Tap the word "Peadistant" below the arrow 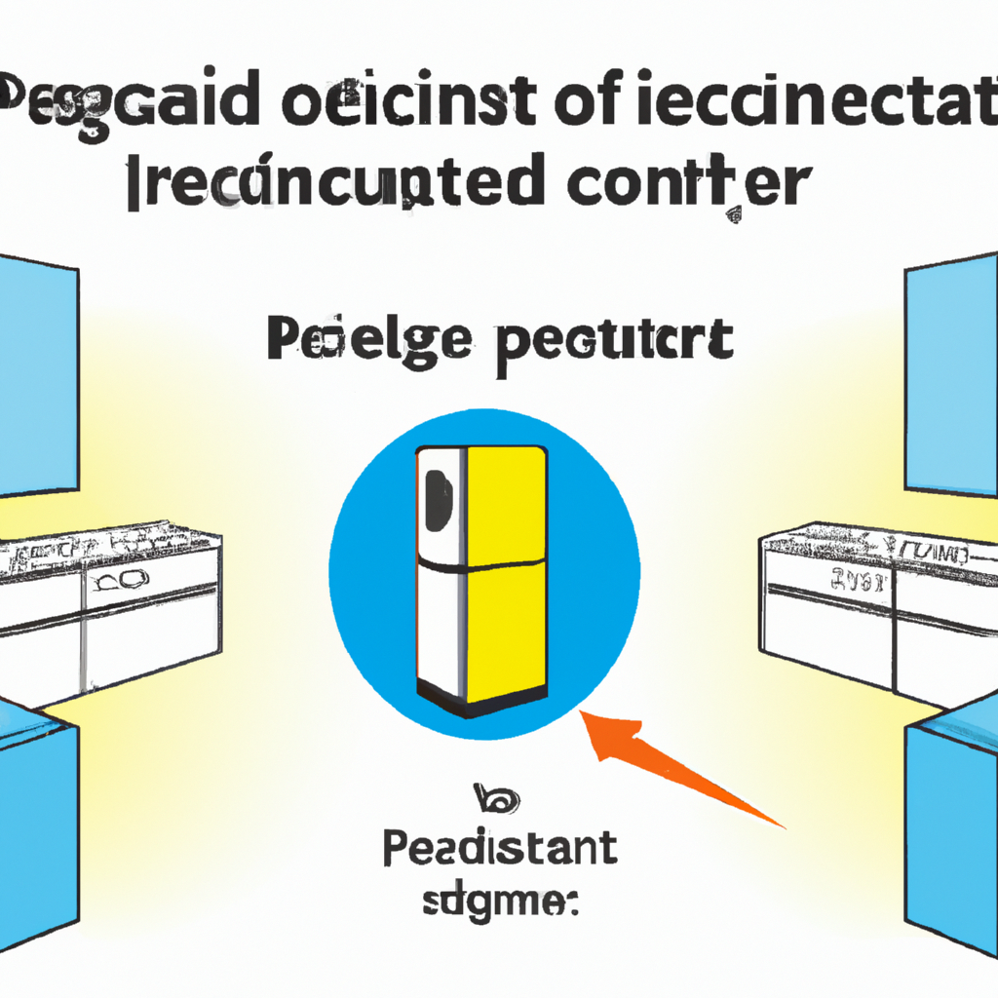(500, 849)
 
